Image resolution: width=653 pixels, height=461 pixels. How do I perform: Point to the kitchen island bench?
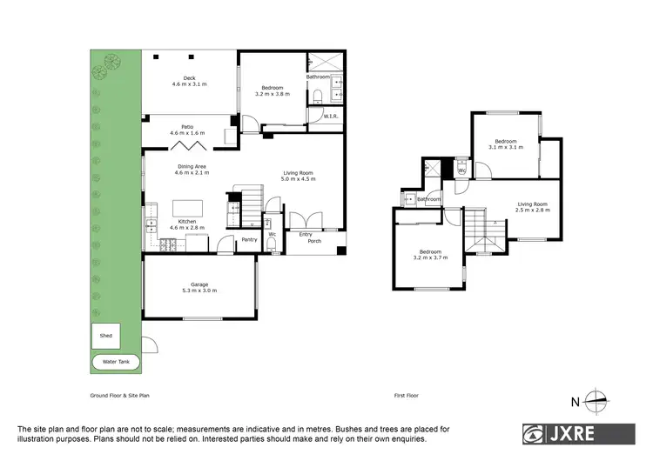pos(188,209)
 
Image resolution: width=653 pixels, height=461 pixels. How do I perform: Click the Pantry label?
pos(249,239)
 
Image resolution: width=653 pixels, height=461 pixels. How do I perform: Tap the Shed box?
pos(106,335)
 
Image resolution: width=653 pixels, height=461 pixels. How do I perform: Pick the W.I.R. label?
pos(330,116)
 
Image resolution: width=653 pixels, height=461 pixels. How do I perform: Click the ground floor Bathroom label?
pos(318,77)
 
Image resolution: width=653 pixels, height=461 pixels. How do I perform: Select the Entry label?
pos(306,234)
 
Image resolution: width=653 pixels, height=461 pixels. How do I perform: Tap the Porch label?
pos(306,243)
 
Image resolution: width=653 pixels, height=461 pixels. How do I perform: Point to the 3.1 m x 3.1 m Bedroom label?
pos(506,144)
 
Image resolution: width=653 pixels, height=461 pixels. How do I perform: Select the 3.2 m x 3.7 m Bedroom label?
pos(430,255)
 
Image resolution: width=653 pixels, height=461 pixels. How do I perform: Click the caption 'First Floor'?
pos(407,396)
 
